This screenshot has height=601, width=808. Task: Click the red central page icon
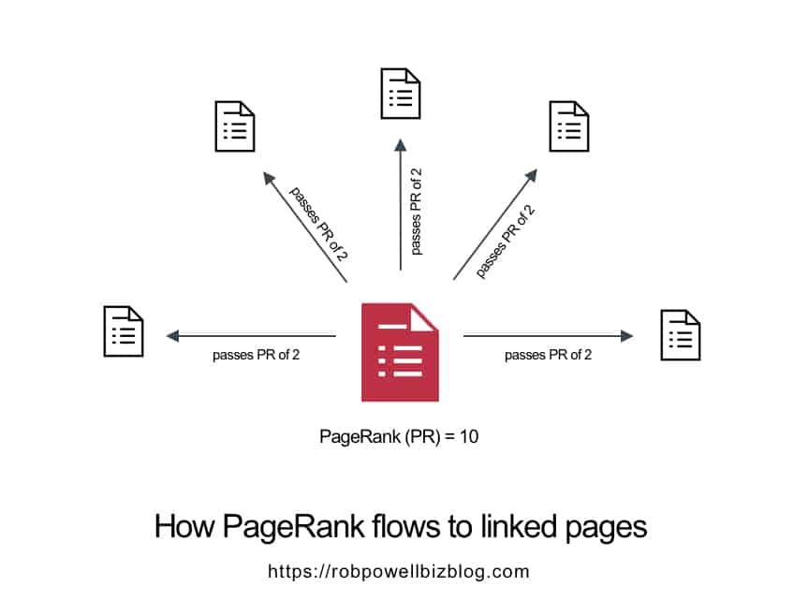400,352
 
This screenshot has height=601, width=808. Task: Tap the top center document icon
401,94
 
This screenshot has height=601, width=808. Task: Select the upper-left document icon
234,126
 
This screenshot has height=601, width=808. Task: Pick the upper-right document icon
569,126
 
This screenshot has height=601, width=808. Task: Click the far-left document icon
124,331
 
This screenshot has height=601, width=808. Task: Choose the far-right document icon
681,335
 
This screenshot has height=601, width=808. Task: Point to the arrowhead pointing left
172,336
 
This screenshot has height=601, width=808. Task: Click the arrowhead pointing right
626,336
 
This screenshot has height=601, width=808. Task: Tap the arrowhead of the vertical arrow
401,145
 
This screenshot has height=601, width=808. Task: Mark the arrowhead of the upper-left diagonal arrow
269,178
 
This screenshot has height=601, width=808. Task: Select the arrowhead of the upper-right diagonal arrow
532,175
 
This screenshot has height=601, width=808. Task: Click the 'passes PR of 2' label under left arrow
257,355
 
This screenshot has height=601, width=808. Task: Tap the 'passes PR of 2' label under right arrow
548,355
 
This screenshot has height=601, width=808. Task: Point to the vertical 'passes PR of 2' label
417,212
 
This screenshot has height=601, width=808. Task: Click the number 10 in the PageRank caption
469,436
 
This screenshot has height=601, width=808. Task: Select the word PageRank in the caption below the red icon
360,436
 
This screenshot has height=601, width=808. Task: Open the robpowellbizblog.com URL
398,572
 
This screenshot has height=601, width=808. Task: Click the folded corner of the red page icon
423,317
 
